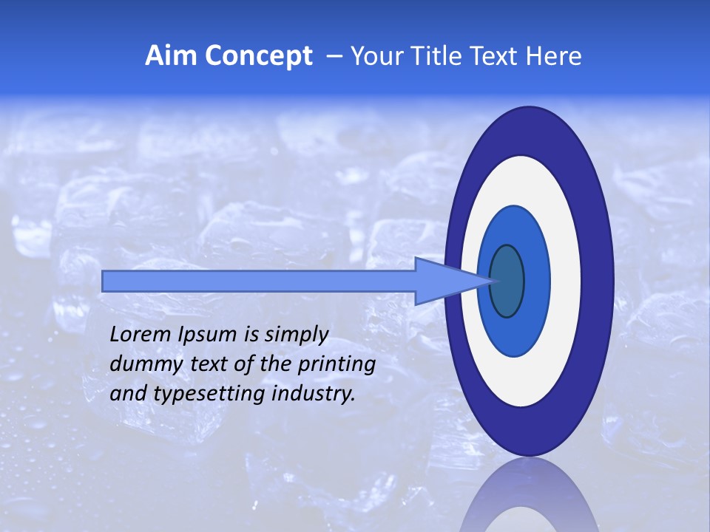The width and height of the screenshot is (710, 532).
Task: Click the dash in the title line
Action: point(333,57)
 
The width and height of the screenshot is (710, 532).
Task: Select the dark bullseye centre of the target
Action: point(507,281)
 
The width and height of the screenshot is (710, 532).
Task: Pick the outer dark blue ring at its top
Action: point(528,129)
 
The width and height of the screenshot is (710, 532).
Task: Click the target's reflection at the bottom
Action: point(529,499)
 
